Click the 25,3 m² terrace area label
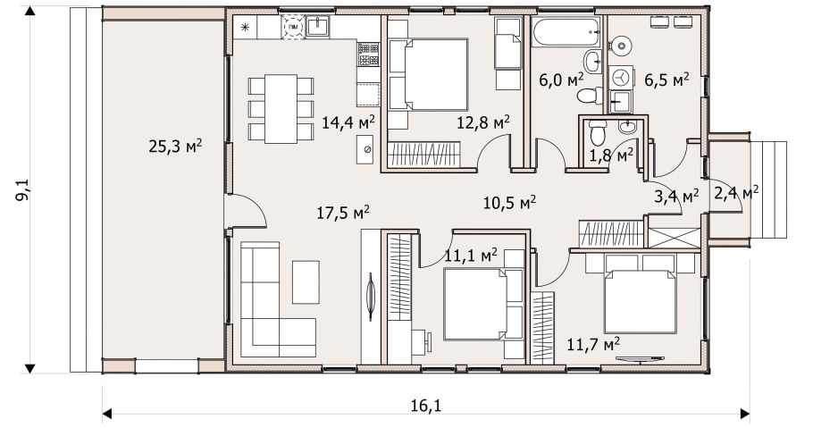[x=175, y=146]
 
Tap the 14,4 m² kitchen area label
[x=348, y=122]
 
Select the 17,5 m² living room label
[x=343, y=212]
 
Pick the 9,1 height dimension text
[x=23, y=189]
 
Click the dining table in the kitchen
[x=281, y=109]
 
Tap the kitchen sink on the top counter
[x=317, y=26]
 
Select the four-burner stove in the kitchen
[x=368, y=55]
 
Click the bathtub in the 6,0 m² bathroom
[x=566, y=31]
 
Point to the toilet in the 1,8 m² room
[x=598, y=133]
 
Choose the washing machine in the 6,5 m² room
[x=620, y=78]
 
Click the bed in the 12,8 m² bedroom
[x=428, y=74]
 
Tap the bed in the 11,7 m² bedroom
[x=641, y=300]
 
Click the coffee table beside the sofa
[x=306, y=282]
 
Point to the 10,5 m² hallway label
[x=509, y=202]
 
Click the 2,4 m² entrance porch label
[x=737, y=193]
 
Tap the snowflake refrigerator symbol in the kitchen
[x=244, y=27]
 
